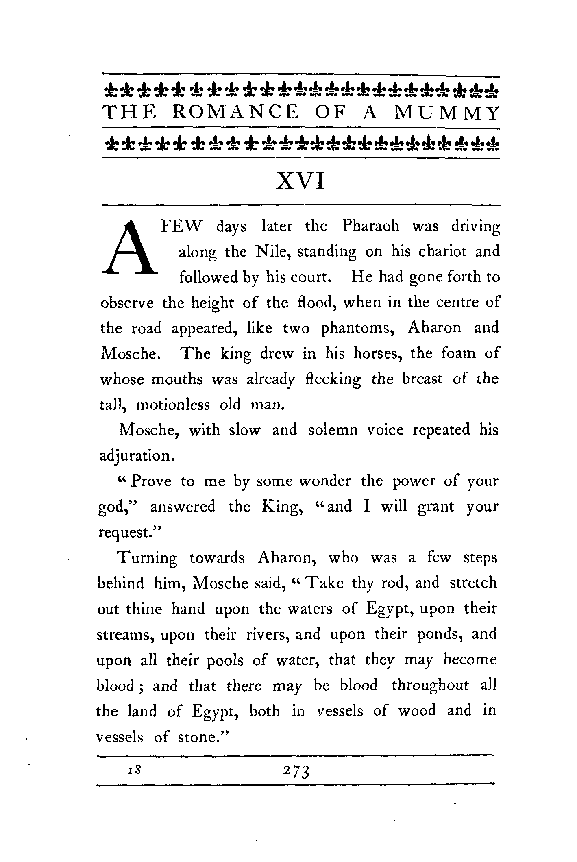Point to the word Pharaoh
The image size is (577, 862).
371,226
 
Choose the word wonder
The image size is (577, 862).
325,481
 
